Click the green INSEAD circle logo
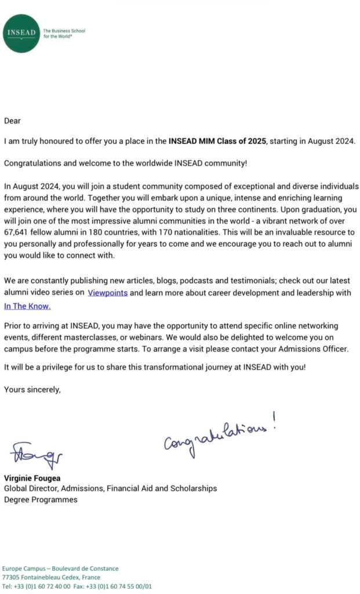21,34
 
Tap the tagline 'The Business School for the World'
64,34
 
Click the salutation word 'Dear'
12,121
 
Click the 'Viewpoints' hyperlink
107,293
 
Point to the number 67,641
18,232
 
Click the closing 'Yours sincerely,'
32,389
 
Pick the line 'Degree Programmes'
41,499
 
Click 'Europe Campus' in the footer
25,568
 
